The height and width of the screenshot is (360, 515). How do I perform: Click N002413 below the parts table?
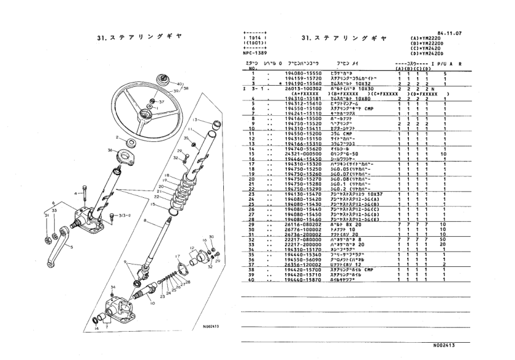click(x=446, y=346)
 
